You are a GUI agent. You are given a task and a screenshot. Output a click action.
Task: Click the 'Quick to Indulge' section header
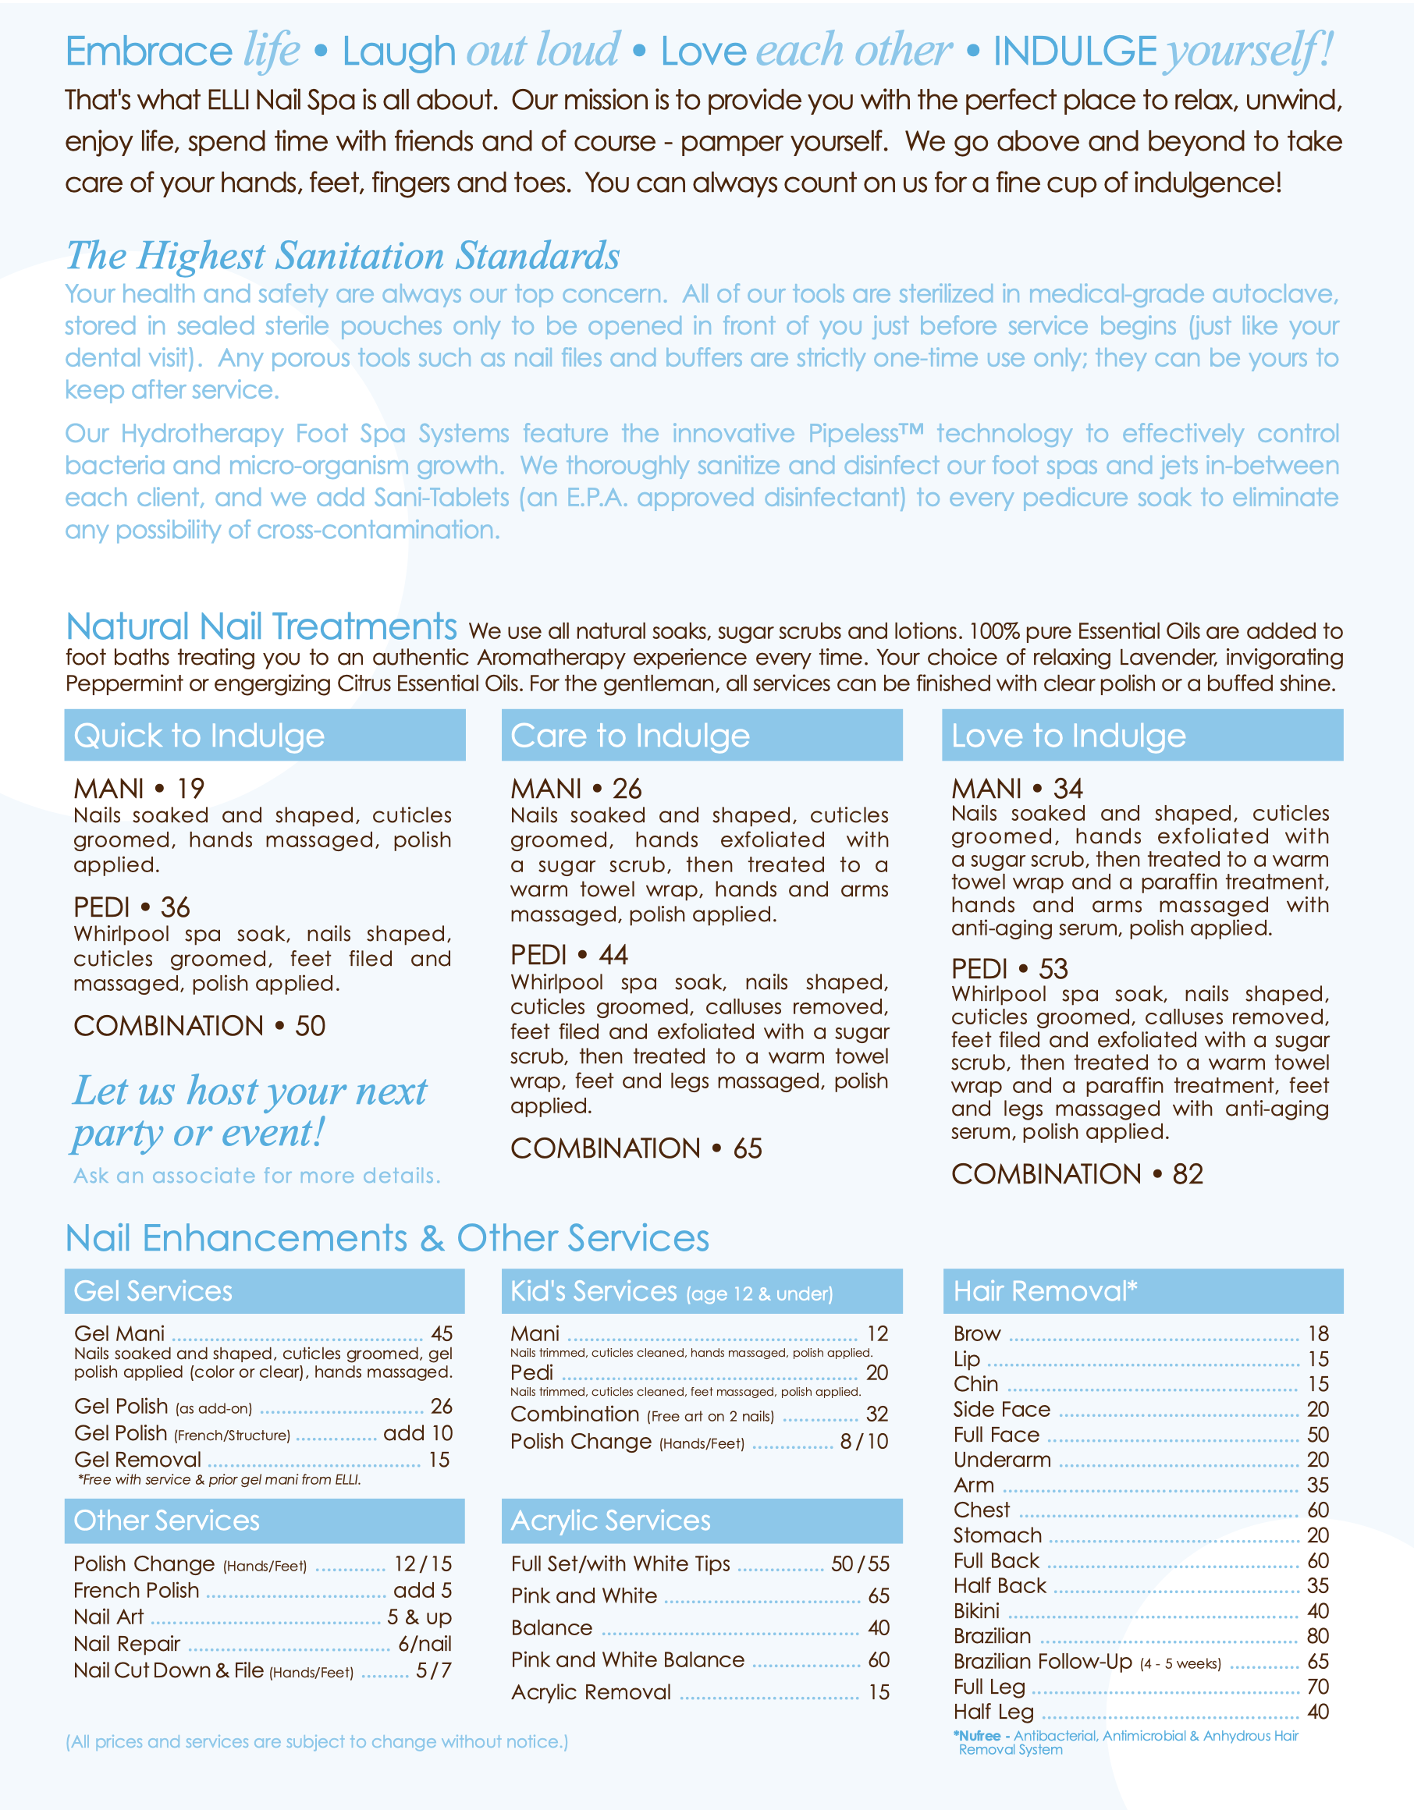(x=199, y=736)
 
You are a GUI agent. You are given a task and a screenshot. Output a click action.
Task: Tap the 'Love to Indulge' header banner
(x=1068, y=736)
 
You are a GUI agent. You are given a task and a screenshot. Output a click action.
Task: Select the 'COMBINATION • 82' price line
(x=1077, y=1173)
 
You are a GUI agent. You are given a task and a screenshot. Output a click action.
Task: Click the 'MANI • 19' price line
(x=138, y=788)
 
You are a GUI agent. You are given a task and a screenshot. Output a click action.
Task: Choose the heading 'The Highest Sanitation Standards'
(x=343, y=255)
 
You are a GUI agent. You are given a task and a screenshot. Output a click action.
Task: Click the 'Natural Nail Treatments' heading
(x=261, y=626)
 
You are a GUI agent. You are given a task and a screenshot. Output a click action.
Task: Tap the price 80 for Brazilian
(x=1317, y=1636)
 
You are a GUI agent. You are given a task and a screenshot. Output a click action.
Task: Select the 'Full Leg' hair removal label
(x=989, y=1687)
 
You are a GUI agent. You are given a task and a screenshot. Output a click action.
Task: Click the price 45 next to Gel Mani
(x=441, y=1333)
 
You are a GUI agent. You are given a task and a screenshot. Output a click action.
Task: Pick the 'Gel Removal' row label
(x=137, y=1460)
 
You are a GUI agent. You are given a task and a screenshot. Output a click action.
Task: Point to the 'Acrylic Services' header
(x=611, y=1521)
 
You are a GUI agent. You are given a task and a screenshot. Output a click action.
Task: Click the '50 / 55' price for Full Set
(x=859, y=1564)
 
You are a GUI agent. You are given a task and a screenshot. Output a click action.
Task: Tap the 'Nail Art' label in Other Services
(x=108, y=1617)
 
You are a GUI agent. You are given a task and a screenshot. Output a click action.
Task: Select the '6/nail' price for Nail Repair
(x=425, y=1643)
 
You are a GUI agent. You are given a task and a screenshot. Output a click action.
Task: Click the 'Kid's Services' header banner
(x=671, y=1291)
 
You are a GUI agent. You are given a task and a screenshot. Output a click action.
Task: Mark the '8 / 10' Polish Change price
(x=864, y=1441)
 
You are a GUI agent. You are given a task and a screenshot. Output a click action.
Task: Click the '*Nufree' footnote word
(x=977, y=1735)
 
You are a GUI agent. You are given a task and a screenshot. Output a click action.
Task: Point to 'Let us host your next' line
(x=250, y=1091)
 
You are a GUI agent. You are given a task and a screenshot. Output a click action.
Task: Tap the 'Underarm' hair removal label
(x=1001, y=1460)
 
